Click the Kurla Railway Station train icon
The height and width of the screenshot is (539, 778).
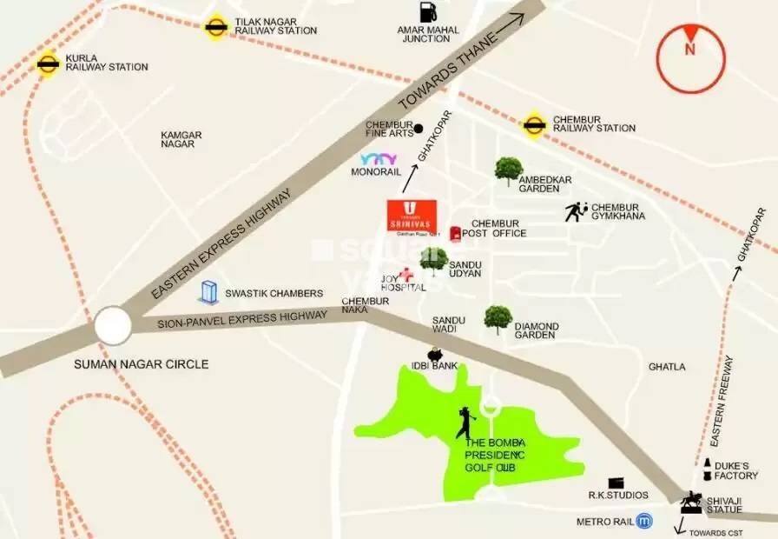pos(47,63)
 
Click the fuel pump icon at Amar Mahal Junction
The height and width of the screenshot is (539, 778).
pos(427,12)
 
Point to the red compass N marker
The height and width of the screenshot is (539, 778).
pos(690,50)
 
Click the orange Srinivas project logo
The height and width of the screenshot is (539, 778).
pos(412,215)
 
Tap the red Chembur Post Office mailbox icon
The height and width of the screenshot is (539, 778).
pos(455,234)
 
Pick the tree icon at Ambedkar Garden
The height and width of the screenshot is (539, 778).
pos(508,170)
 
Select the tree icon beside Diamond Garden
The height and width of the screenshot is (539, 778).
pos(498,318)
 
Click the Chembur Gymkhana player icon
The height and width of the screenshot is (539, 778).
pos(576,210)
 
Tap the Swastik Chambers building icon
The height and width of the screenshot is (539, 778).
pos(208,292)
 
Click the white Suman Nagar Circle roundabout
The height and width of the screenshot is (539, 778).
pos(115,328)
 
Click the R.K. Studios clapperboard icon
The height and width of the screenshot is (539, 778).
pos(616,482)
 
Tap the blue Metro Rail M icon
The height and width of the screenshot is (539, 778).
pos(643,522)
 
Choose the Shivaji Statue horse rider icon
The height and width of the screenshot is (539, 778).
pos(691,502)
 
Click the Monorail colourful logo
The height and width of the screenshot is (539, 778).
pos(379,159)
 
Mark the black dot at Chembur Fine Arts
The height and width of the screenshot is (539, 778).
pos(419,129)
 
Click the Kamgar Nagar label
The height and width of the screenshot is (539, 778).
pos(181,140)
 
